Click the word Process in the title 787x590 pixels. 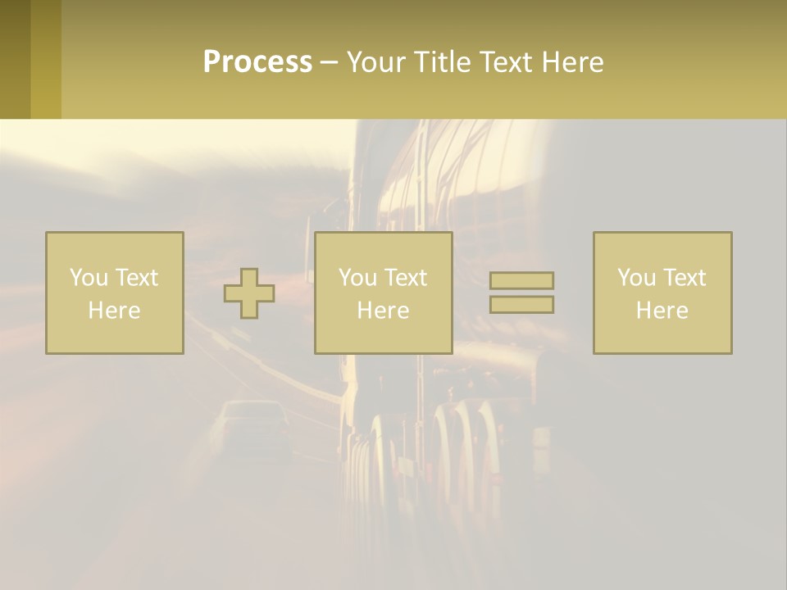click(x=257, y=62)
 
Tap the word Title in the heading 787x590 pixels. click(x=442, y=62)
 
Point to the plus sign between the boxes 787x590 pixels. click(x=249, y=293)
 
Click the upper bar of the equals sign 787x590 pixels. click(x=521, y=280)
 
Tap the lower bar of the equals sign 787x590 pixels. click(x=521, y=305)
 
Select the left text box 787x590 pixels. click(x=115, y=293)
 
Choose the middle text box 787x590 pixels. click(x=384, y=293)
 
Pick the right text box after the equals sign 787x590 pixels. click(x=662, y=293)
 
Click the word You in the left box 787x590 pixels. click(x=88, y=278)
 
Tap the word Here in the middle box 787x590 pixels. click(x=384, y=311)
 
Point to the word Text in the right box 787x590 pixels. click(x=684, y=278)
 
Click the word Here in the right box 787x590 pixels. click(x=662, y=311)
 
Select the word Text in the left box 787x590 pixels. click(x=136, y=278)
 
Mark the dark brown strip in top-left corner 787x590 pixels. click(x=15, y=59)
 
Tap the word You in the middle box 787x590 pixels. click(x=357, y=278)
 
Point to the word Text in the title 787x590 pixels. click(x=505, y=62)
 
